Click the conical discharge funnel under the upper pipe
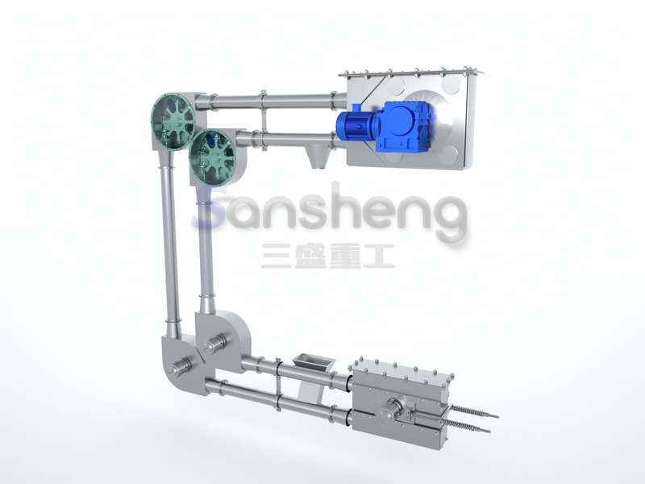(x=318, y=156)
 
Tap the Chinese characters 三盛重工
(x=328, y=256)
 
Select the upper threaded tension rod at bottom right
(x=473, y=412)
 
